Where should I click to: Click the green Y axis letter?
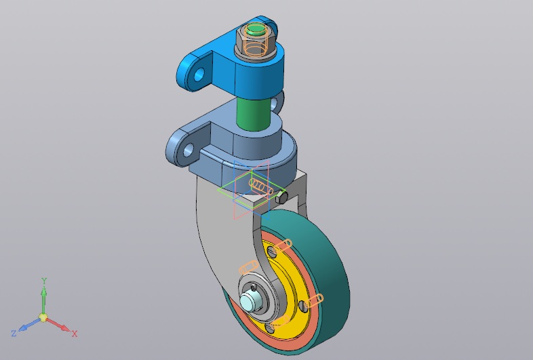pos(44,281)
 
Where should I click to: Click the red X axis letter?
pos(75,334)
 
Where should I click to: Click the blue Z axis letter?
pos(14,333)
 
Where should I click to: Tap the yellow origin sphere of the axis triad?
pos(43,317)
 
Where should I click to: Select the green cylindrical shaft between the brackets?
pos(254,113)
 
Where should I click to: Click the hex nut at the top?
pos(255,38)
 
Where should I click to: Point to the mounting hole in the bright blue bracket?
pos(199,75)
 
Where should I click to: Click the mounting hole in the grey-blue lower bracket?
pos(188,150)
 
